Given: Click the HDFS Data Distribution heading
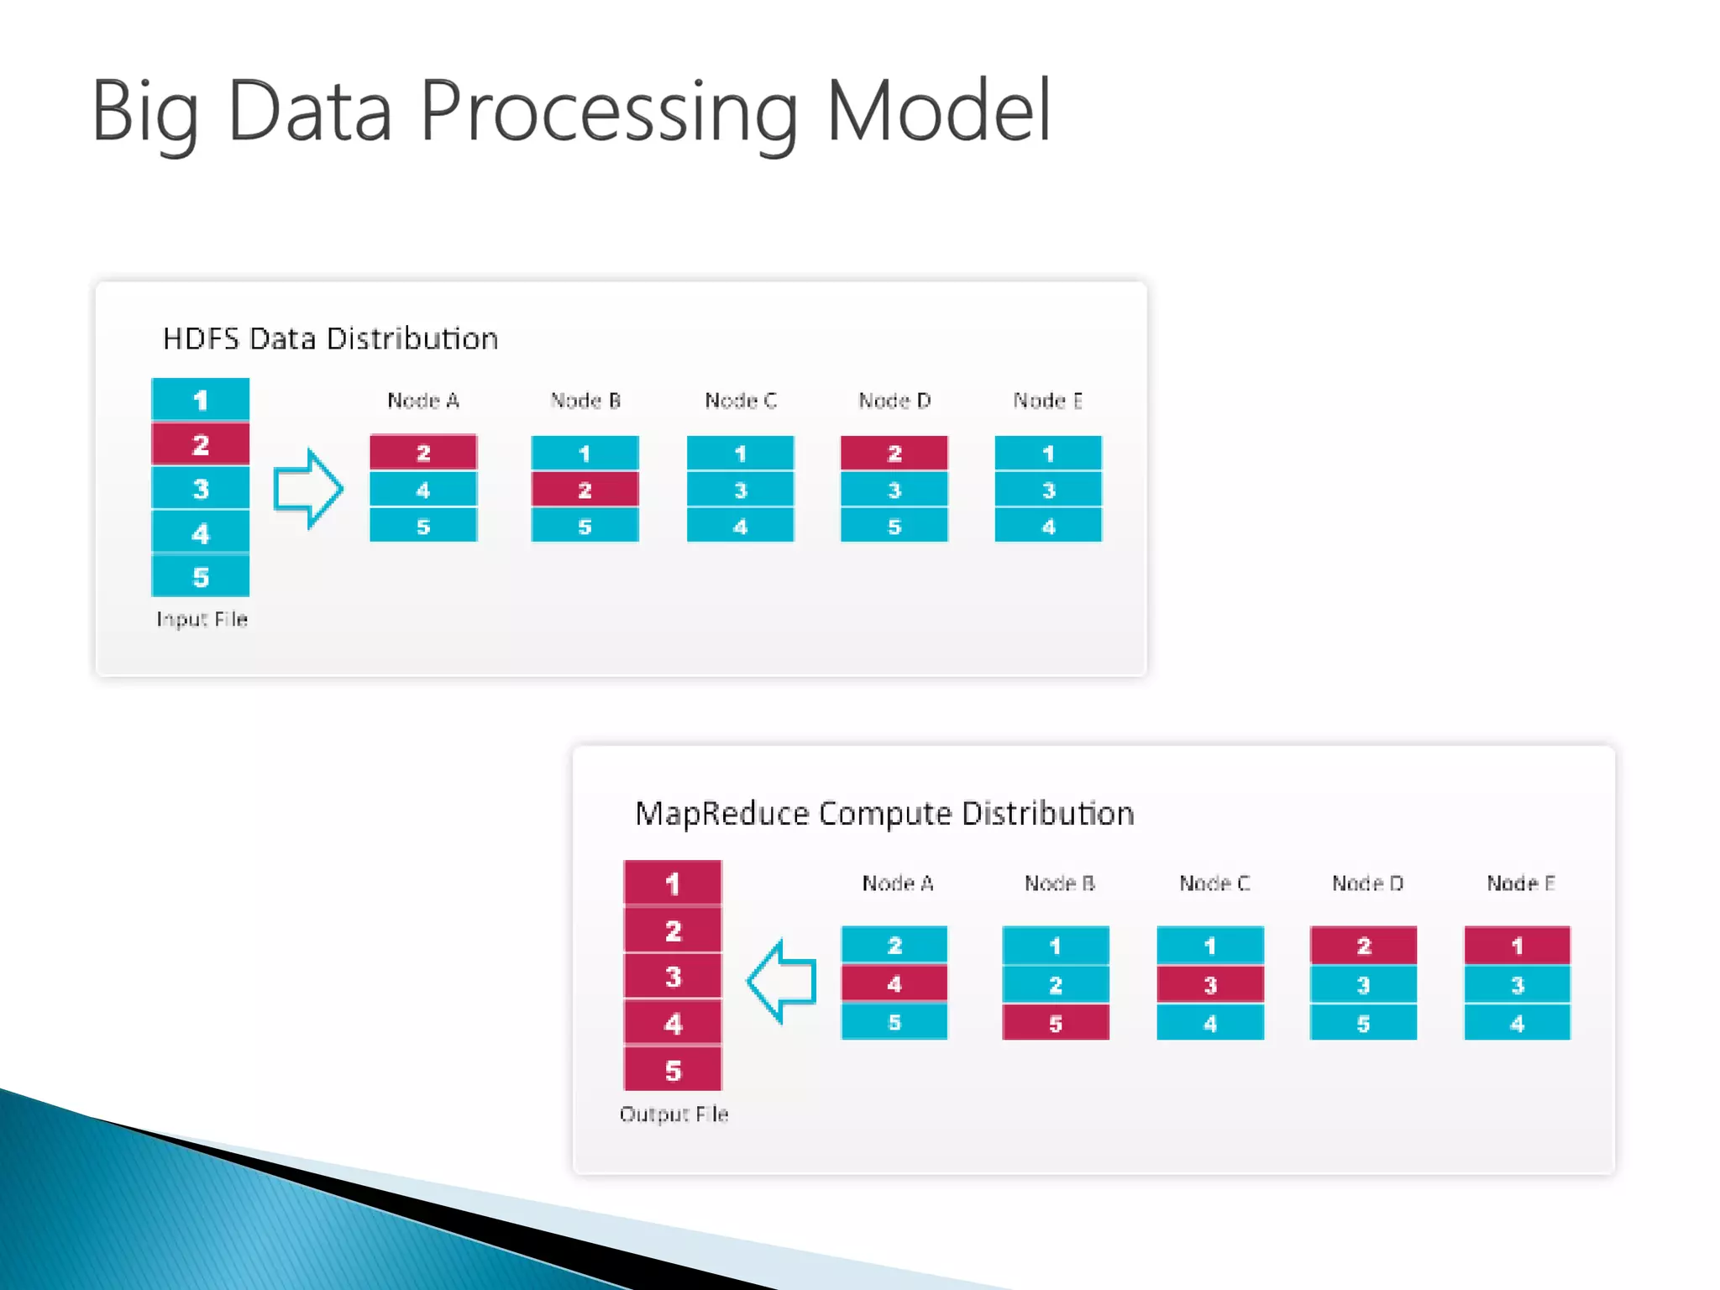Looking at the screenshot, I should pos(330,338).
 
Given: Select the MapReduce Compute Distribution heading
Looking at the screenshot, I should pos(884,813).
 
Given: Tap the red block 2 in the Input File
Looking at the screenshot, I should pos(200,444).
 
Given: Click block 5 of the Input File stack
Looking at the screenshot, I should pos(200,577).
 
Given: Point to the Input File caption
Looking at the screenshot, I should pos(202,619).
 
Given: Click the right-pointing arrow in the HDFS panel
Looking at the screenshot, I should pos(308,489).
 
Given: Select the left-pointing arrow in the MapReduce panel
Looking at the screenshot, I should pos(782,981).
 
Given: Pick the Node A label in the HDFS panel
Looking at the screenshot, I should pos(423,401).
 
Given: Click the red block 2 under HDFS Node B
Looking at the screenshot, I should pos(585,490).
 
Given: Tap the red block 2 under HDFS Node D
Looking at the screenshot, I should pos(894,454).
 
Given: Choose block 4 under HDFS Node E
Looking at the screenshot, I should pos(1048,527).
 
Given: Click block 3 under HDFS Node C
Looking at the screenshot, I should pos(740,490).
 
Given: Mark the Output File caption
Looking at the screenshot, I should pos(674,1114).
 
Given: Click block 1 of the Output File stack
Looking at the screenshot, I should pos(673,884).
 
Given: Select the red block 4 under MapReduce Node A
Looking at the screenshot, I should pos(894,983).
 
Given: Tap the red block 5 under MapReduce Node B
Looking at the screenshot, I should pos(1055,1023).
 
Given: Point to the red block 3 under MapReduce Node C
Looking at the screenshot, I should pos(1209,984).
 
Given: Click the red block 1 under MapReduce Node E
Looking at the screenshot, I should pos(1517,946).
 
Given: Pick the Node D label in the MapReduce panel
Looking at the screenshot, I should pos(1367,884).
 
